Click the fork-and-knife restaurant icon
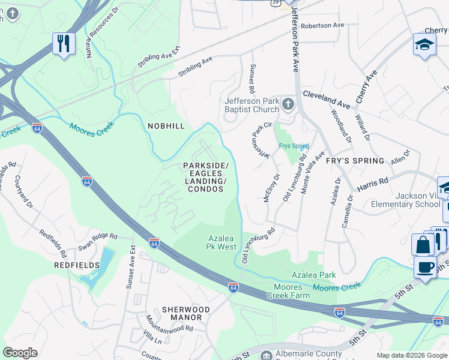pyautogui.click(x=64, y=44)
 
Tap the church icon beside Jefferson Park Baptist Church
pyautogui.click(x=288, y=106)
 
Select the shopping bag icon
pyautogui.click(x=423, y=245)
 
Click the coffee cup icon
pyautogui.click(x=425, y=267)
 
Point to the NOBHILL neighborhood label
pyautogui.click(x=166, y=125)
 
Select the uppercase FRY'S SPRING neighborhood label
pyautogui.click(x=355, y=161)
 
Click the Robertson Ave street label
pyautogui.click(x=322, y=26)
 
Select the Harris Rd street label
pyautogui.click(x=373, y=182)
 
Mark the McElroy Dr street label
pyautogui.click(x=272, y=188)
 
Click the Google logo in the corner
pyautogui.click(x=20, y=353)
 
